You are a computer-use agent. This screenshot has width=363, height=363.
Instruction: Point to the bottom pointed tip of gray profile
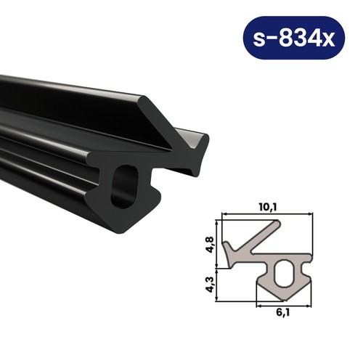(284, 302)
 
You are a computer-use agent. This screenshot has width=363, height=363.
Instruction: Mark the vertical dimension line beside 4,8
(220, 242)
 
